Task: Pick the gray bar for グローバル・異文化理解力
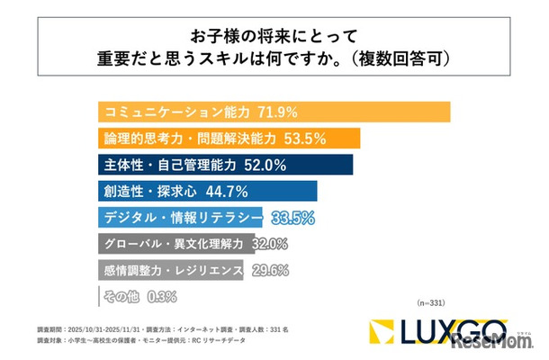click(x=171, y=243)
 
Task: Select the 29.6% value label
click(x=269, y=269)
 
